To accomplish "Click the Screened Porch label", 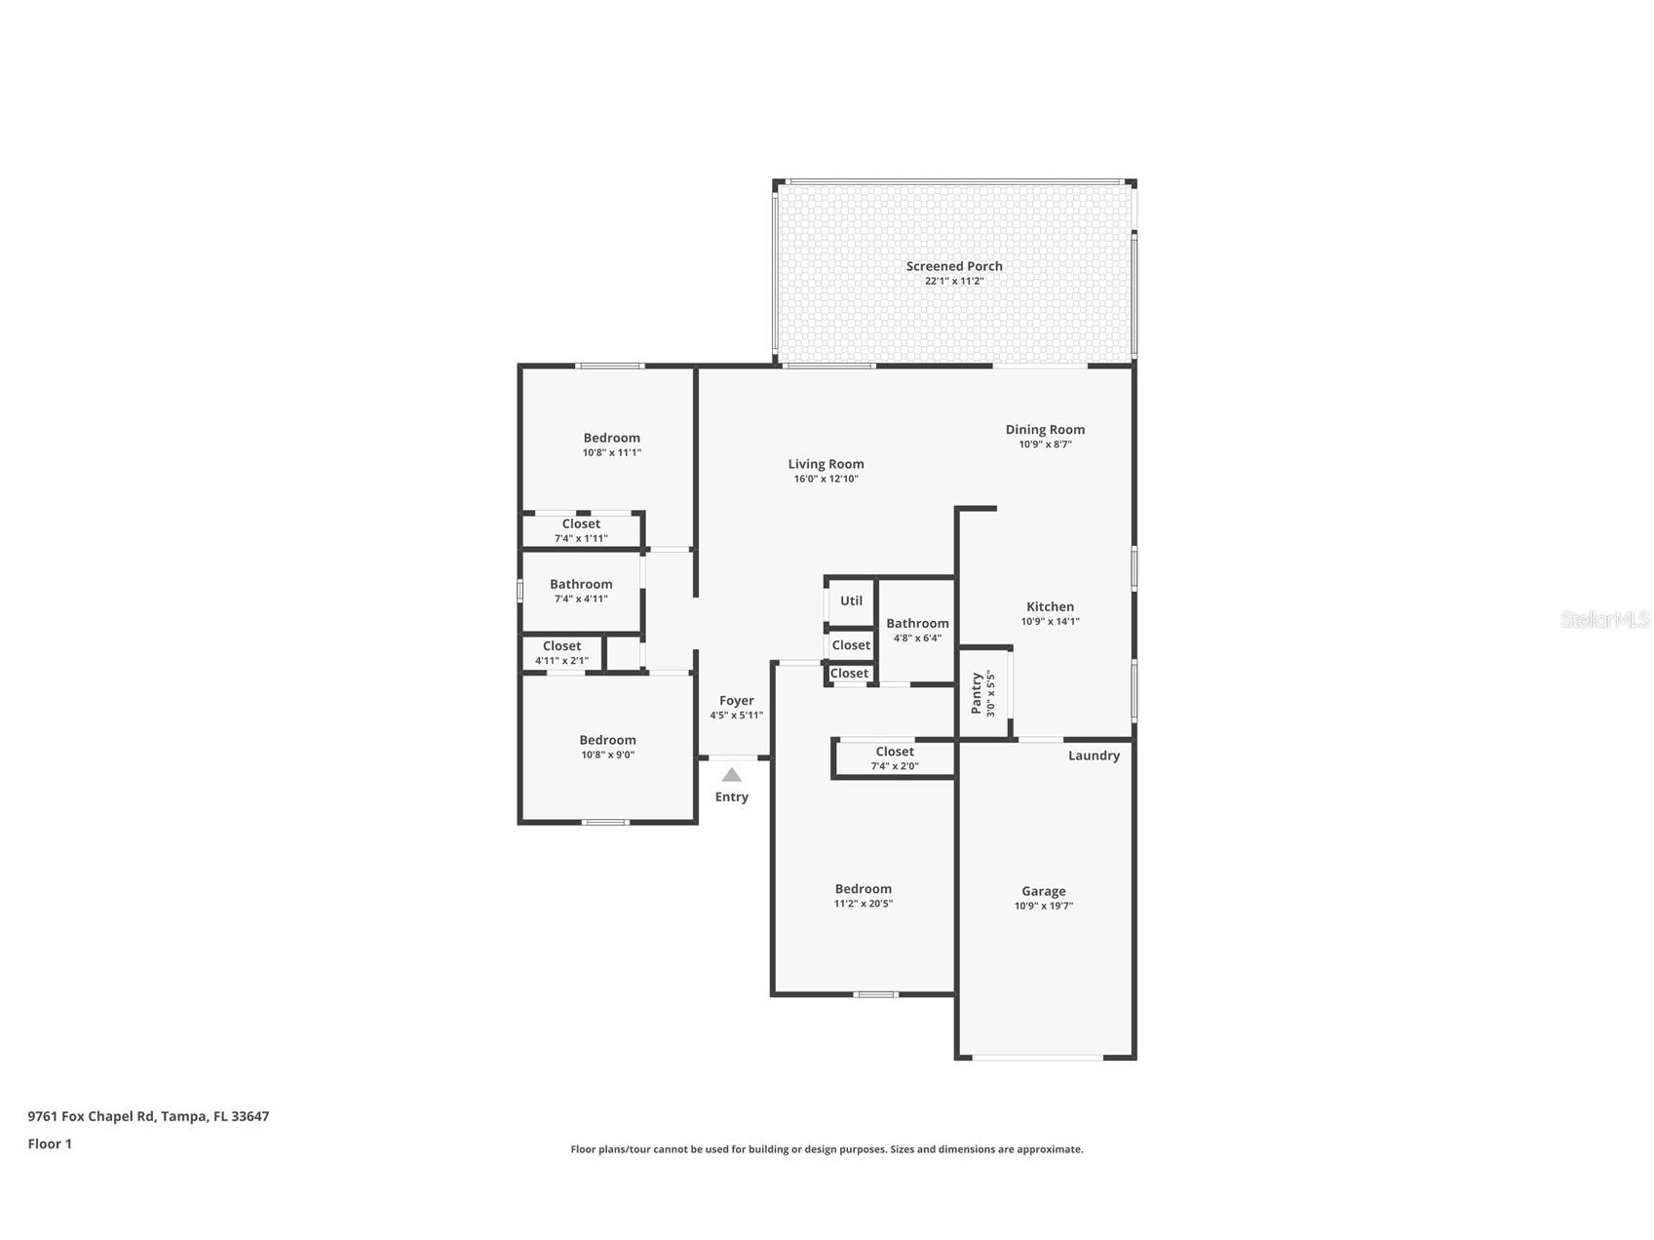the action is point(954,266).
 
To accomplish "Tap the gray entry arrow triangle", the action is point(732,775).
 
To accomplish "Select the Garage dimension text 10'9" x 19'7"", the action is point(1044,906).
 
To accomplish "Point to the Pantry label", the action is point(977,693).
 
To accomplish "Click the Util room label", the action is point(851,601).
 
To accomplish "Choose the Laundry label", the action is point(1094,756).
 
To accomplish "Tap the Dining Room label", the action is point(1045,429).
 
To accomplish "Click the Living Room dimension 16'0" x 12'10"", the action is point(826,479).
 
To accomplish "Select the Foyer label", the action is point(737,701).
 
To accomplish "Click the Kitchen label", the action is point(1050,606).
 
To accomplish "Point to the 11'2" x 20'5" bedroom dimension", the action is point(863,904).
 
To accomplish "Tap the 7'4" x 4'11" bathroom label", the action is point(581,584).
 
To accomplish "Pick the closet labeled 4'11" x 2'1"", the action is point(561,646).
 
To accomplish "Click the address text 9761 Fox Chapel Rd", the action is point(92,1116).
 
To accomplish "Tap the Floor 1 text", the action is point(50,1143).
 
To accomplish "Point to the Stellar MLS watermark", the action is point(1605,619).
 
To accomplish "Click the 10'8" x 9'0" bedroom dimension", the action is point(607,755).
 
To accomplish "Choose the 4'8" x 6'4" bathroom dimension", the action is point(917,639).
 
